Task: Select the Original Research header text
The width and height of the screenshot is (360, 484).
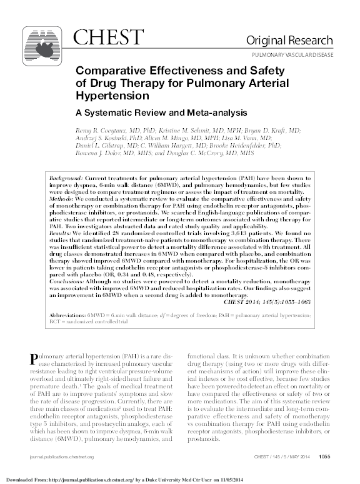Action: [297, 41]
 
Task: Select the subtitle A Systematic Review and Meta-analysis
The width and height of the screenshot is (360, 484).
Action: [144, 114]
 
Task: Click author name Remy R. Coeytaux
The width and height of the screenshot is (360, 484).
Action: [104, 129]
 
